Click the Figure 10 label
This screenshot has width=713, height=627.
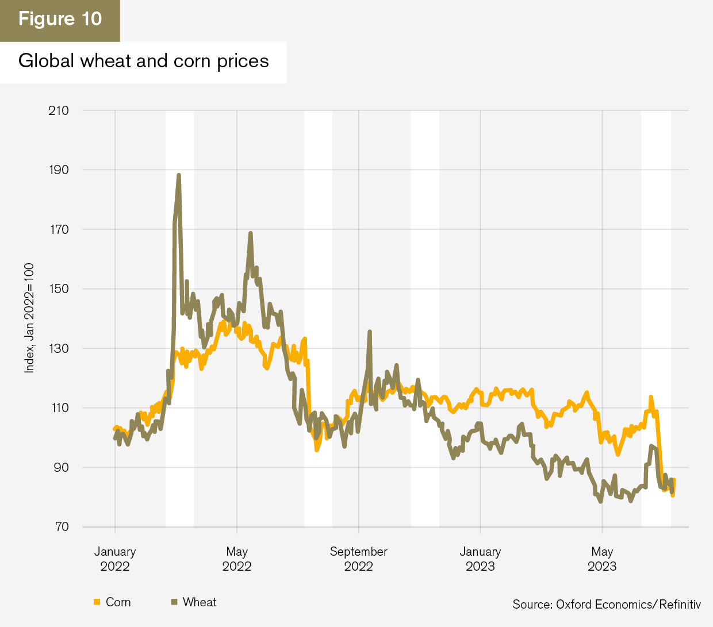60,19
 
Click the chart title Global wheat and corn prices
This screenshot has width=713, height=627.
143,61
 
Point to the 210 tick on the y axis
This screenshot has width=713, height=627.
58,110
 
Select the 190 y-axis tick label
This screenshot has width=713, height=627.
58,170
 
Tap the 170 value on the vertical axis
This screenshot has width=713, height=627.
58,230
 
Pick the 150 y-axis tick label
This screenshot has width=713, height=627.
58,289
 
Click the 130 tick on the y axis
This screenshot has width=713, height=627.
58,349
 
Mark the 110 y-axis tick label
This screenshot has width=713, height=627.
58,408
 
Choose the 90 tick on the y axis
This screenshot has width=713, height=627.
60,468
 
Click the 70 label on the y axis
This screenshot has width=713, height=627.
60,527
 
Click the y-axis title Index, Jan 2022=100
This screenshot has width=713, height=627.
29,318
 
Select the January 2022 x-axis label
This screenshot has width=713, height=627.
115,559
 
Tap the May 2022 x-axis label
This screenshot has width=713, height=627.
237,559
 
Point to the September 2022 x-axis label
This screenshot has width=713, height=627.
358,559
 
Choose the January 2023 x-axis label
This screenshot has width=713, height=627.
480,559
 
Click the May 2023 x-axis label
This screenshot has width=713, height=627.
602,559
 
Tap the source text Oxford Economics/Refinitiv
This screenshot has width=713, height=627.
607,605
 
